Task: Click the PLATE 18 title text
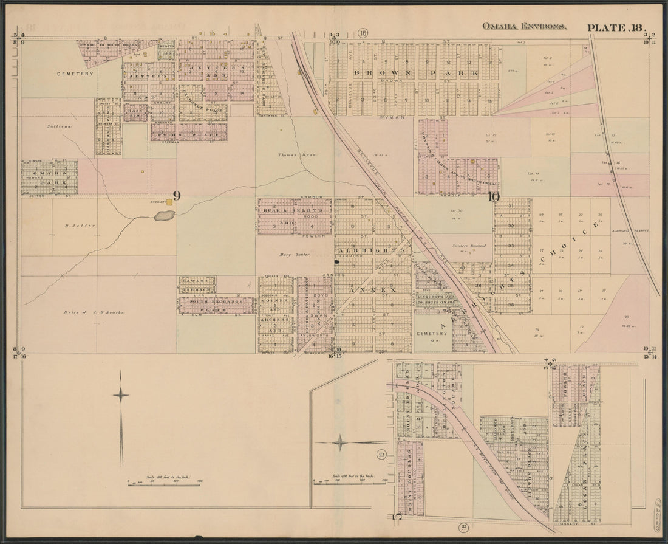[x=616, y=27]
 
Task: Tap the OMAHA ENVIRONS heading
[x=524, y=27]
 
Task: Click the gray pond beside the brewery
[x=163, y=215]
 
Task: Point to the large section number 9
[x=177, y=196]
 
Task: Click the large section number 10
[x=493, y=196]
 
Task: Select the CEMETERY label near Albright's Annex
[x=431, y=334]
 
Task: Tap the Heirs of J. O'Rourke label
[x=94, y=312]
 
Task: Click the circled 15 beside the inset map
[x=381, y=454]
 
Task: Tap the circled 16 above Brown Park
[x=363, y=32]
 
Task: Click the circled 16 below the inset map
[x=463, y=527]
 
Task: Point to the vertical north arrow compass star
[x=121, y=395]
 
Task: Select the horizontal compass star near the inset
[x=340, y=442]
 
